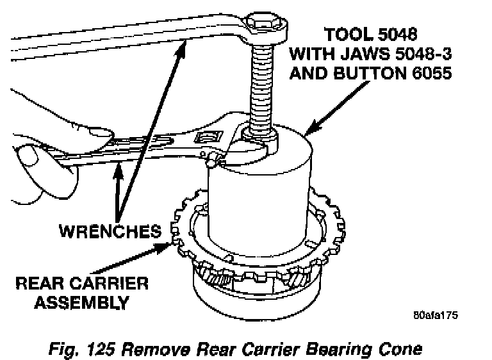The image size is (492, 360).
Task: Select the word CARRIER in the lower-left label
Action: click(108, 283)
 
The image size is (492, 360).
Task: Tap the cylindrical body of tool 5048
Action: click(263, 192)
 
